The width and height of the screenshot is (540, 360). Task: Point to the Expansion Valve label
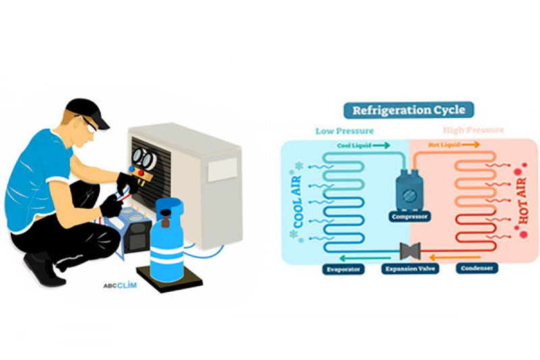pos(410,268)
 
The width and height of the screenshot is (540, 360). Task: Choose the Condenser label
pos(477,268)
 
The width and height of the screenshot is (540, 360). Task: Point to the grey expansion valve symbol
pos(410,250)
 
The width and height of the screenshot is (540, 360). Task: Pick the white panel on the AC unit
pos(223,170)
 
